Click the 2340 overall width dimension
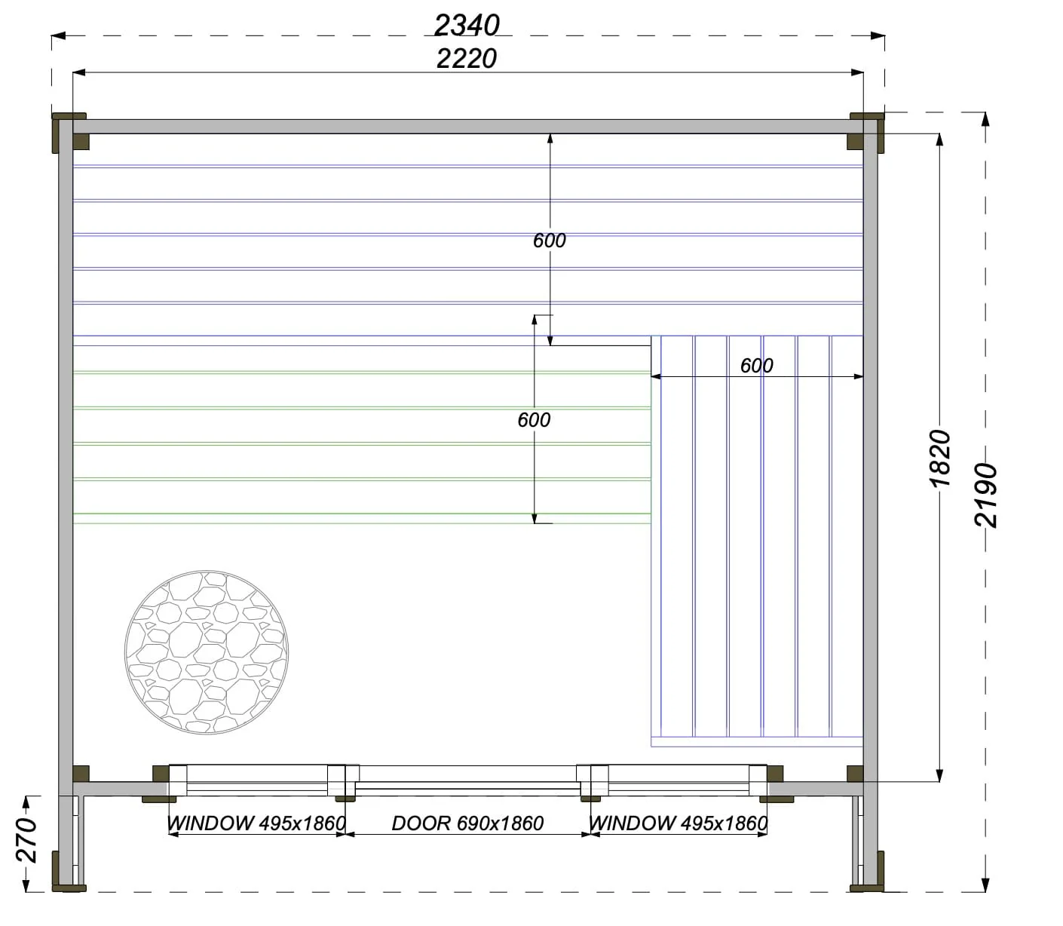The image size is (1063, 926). tap(467, 26)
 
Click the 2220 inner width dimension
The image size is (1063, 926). tap(467, 59)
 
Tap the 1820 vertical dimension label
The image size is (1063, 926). tap(940, 458)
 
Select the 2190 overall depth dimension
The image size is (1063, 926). tap(985, 495)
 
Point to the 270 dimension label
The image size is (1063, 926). tap(26, 840)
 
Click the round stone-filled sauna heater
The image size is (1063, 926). tap(207, 652)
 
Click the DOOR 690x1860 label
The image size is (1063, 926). tap(467, 823)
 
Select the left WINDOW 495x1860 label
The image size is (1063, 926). tap(256, 823)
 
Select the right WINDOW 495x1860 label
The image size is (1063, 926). tap(678, 823)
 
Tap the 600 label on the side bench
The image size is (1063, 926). tap(756, 366)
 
